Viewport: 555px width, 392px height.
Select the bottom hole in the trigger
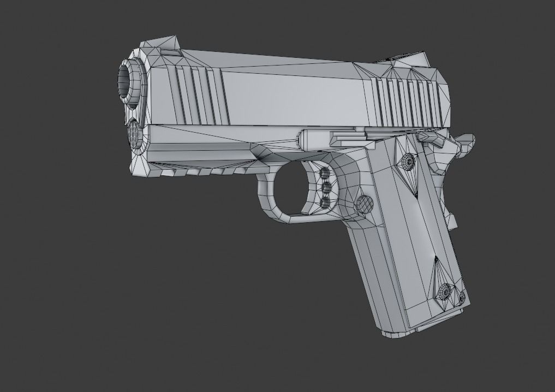(x=326, y=203)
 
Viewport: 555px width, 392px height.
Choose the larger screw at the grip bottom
(x=446, y=292)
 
